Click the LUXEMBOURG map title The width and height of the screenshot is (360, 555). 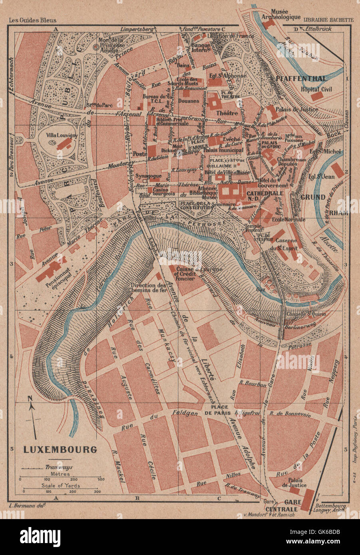click(x=60, y=449)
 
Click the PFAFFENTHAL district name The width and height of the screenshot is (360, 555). click(x=306, y=78)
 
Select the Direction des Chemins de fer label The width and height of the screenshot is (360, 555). click(x=147, y=289)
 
